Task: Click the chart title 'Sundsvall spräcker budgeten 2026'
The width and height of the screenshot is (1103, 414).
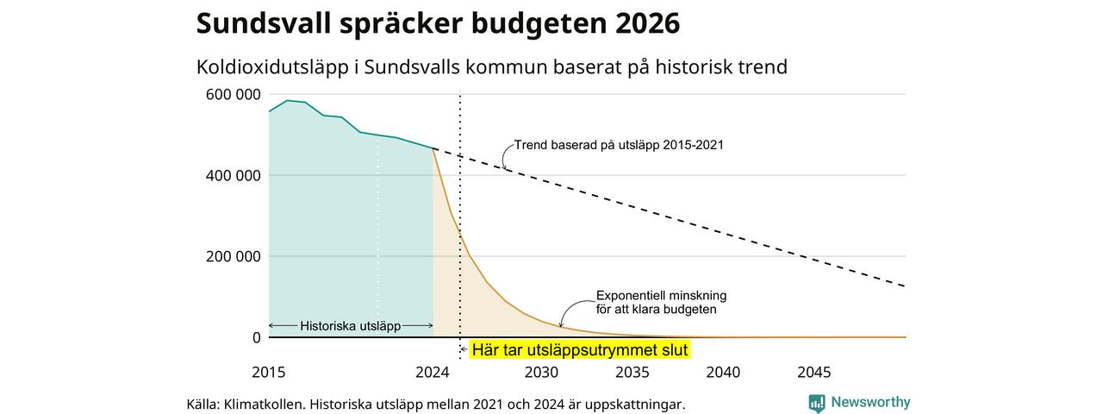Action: [x=438, y=23]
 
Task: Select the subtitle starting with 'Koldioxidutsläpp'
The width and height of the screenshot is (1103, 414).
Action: [x=492, y=67]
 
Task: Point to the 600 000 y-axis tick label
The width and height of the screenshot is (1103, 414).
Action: [x=233, y=94]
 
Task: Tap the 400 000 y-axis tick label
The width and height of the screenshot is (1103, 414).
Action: [x=233, y=175]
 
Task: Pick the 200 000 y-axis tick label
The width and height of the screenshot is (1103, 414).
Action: [x=233, y=256]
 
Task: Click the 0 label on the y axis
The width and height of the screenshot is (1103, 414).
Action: [x=257, y=337]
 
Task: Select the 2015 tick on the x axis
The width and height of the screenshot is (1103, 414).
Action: [x=269, y=372]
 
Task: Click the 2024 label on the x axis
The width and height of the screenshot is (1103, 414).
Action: [x=433, y=372]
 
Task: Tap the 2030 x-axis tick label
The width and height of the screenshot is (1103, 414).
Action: [x=542, y=372]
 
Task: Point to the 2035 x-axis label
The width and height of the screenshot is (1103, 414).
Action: [x=633, y=372]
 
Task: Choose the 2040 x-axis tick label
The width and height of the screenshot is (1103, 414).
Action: [x=723, y=372]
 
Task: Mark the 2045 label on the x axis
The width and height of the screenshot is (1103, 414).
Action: [x=814, y=372]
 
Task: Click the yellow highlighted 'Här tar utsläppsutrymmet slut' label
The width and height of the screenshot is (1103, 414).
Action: [x=580, y=350]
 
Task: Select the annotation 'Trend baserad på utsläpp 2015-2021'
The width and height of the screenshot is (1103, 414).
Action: [x=619, y=145]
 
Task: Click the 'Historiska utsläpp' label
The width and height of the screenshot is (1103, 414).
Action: [x=350, y=326]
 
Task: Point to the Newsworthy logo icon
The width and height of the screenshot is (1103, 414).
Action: [x=817, y=403]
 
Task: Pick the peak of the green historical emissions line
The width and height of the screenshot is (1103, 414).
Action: [x=288, y=101]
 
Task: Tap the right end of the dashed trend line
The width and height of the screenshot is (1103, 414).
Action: [x=905, y=286]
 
